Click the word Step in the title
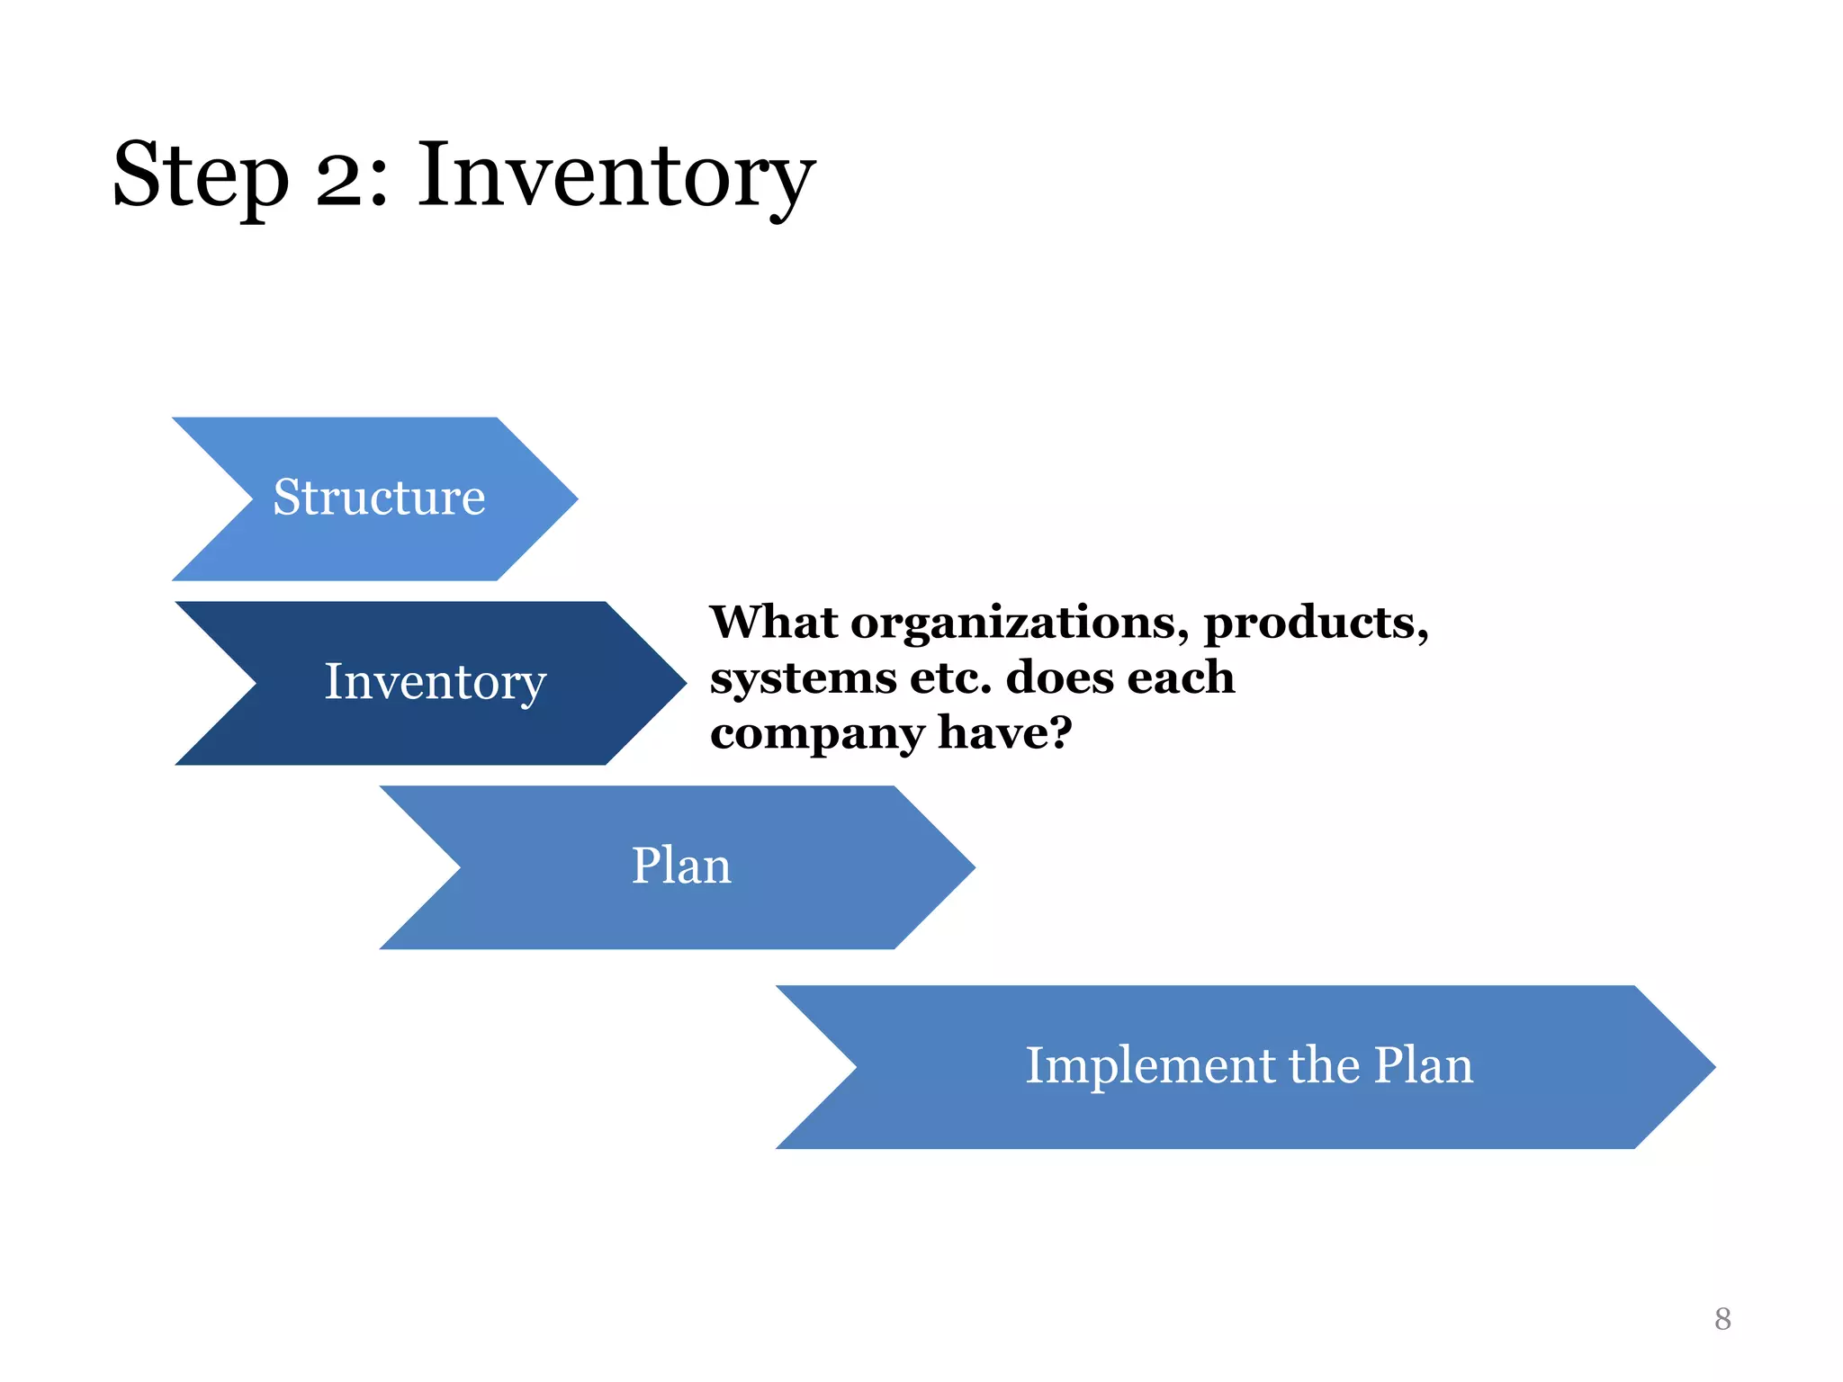pyautogui.click(x=201, y=177)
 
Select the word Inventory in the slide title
pyautogui.click(x=616, y=177)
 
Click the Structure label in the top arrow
pyautogui.click(x=379, y=498)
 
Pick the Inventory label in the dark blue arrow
pyautogui.click(x=435, y=682)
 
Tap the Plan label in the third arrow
pyautogui.click(x=681, y=866)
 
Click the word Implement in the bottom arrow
pyautogui.click(x=1149, y=1066)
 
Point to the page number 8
pyautogui.click(x=1722, y=1319)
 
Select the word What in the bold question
pyautogui.click(x=773, y=623)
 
